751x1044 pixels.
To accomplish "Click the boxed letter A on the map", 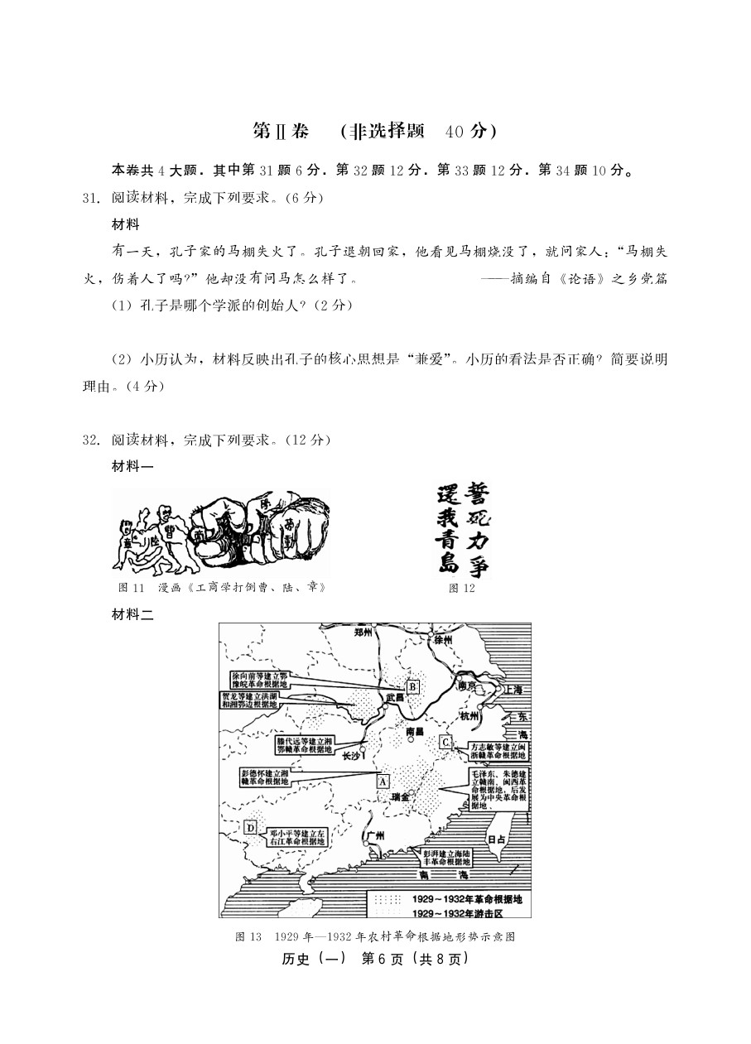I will [x=383, y=780].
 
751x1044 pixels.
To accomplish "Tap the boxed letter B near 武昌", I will [x=412, y=686].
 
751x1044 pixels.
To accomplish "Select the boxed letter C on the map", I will [x=445, y=742].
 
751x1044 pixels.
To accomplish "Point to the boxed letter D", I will [x=250, y=827].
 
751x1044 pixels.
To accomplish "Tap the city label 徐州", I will [x=441, y=639].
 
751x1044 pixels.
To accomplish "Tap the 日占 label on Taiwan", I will [x=497, y=839].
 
